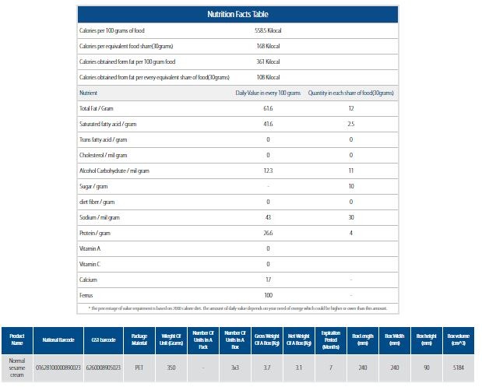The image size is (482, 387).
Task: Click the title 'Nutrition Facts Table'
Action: point(238,14)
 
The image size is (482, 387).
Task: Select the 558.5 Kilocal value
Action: point(267,30)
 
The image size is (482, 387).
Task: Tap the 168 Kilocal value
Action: point(267,45)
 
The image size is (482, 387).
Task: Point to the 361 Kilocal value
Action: point(267,61)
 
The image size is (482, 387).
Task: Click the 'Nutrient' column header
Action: point(88,93)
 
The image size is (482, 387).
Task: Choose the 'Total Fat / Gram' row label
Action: point(97,108)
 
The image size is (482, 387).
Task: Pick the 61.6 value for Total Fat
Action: point(267,108)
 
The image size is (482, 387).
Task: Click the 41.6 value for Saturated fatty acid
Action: point(267,124)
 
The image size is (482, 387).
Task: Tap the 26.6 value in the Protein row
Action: point(267,233)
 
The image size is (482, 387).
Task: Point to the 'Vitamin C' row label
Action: point(90,264)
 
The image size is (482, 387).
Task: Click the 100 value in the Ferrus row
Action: point(267,295)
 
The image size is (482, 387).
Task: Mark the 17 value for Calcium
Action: point(267,280)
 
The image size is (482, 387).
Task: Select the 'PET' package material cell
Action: point(139,366)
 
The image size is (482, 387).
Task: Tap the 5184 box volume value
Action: point(459,366)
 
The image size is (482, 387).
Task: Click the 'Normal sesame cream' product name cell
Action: point(17,366)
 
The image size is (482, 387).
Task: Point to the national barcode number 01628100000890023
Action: point(58,366)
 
